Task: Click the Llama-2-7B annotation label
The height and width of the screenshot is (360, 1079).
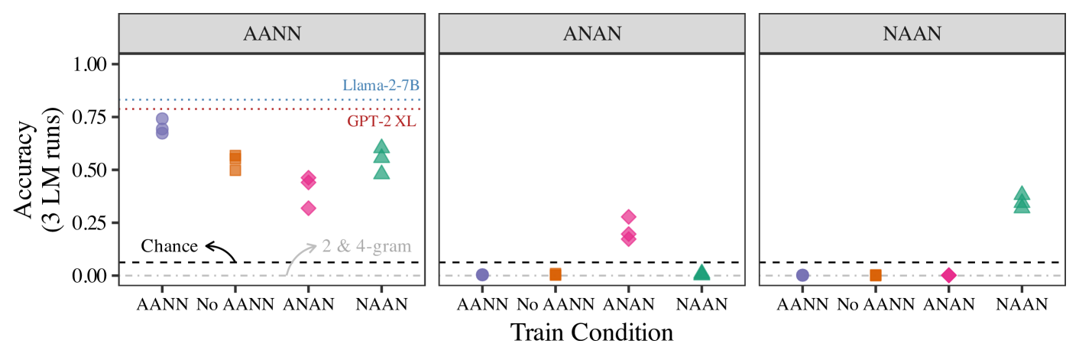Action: point(381,86)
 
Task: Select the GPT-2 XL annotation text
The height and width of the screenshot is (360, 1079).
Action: point(382,122)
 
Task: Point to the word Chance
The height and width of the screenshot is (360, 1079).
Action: point(169,246)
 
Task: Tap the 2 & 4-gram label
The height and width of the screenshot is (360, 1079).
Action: point(368,246)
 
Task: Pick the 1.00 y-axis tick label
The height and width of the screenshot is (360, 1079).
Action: point(91,64)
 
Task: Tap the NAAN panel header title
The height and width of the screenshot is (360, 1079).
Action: point(911,34)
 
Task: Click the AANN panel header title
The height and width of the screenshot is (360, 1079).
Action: point(271,34)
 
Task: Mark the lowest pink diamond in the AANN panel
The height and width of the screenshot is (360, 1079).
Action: point(309,208)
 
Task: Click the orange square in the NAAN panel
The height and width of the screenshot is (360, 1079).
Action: point(876,275)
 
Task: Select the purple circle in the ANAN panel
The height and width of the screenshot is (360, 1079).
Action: point(482,275)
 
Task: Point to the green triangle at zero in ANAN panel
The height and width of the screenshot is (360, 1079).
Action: point(702,273)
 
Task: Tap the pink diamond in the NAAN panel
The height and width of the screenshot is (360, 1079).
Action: point(948,275)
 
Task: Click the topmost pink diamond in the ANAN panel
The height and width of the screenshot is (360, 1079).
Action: point(629,217)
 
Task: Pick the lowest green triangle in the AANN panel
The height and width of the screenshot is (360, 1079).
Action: point(381,172)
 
